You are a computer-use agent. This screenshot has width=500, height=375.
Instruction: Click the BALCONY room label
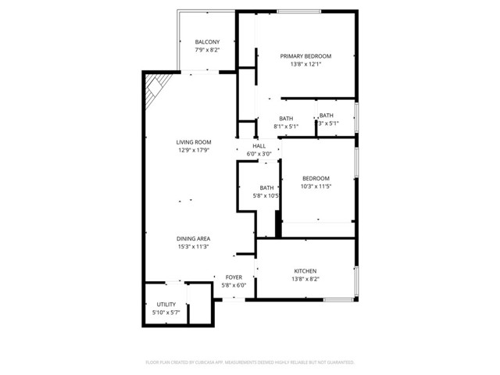(207, 42)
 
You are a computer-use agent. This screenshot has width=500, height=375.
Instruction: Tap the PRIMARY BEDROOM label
(305, 56)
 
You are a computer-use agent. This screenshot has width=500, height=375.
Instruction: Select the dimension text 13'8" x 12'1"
(305, 64)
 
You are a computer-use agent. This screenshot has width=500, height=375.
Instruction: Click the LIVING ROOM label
(194, 142)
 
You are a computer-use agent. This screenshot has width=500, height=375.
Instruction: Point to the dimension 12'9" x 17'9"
(194, 150)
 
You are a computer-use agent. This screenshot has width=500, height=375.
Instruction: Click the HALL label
(259, 146)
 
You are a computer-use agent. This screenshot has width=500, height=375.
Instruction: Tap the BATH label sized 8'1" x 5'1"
(286, 119)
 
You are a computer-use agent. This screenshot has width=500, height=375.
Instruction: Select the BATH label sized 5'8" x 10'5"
(267, 187)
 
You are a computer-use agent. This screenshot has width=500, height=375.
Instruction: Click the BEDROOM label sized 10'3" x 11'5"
(316, 178)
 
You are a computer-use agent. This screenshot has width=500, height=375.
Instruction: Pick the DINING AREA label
(193, 238)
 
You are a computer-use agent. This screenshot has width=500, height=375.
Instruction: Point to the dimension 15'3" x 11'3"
(193, 246)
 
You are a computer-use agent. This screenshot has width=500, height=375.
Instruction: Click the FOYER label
(234, 277)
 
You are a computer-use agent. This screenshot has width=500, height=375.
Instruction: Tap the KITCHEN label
(305, 271)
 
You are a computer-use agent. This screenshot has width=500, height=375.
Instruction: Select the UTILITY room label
(166, 305)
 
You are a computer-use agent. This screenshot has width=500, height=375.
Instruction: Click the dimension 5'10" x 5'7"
(166, 312)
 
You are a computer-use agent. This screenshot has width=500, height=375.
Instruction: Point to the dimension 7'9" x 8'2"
(207, 50)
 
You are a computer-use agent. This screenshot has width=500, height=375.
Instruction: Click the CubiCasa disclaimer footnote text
(250, 362)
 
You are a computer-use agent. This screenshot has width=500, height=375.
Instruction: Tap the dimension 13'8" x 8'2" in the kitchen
(305, 279)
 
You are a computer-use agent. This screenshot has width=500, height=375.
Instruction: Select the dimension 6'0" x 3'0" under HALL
(259, 154)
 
